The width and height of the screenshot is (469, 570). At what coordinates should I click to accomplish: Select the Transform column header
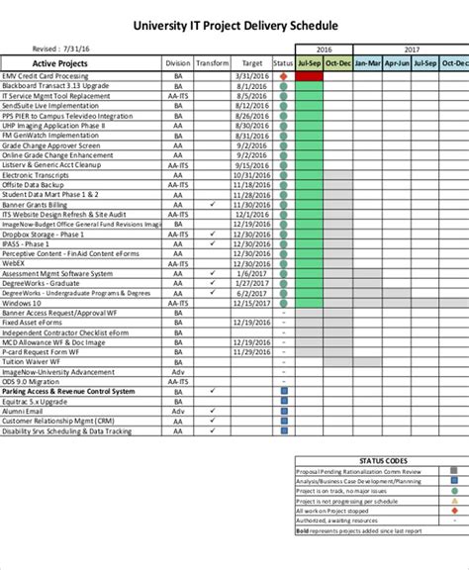point(212,62)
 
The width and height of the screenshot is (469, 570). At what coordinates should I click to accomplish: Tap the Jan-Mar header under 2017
point(366,62)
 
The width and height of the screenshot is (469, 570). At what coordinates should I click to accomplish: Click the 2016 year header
point(324,47)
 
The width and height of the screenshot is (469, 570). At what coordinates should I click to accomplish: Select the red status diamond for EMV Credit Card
point(283,75)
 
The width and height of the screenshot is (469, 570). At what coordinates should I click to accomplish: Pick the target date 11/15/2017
point(251,302)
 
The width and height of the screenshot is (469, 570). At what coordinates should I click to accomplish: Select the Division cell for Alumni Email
point(178,409)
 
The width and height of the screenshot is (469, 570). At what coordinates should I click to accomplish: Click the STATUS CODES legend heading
point(382,432)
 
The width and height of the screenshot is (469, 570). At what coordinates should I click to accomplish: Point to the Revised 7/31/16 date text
point(59,47)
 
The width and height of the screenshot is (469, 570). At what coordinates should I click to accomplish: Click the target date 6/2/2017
point(251,292)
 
